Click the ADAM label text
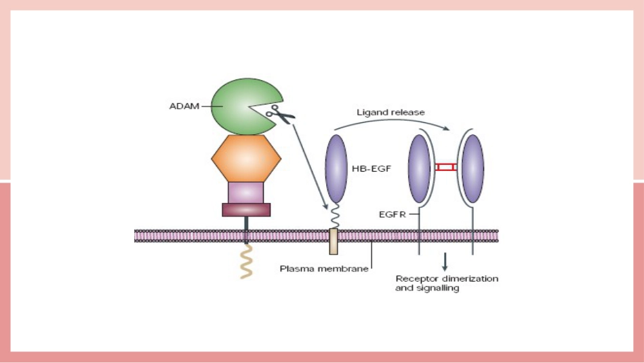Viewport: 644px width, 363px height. pyautogui.click(x=184, y=106)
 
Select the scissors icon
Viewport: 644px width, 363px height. pyautogui.click(x=280, y=114)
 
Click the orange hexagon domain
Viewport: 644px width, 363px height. pyautogui.click(x=246, y=159)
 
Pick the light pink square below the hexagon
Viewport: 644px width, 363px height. pyautogui.click(x=245, y=193)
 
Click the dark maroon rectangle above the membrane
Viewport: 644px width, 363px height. pyautogui.click(x=246, y=210)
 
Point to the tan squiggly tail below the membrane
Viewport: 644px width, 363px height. pyautogui.click(x=246, y=261)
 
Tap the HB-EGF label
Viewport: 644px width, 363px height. pyautogui.click(x=371, y=168)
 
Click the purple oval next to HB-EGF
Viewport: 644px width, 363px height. pyautogui.click(x=336, y=168)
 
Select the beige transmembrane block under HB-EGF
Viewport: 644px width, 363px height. pyautogui.click(x=334, y=242)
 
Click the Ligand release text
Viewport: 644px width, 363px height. pyautogui.click(x=390, y=112)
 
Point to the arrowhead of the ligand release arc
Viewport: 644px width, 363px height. pyautogui.click(x=447, y=128)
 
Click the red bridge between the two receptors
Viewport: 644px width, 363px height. pyautogui.click(x=445, y=167)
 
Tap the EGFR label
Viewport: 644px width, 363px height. pyautogui.click(x=393, y=214)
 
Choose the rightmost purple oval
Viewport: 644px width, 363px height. pyautogui.click(x=472, y=168)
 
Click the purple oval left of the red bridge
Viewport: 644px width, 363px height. pyautogui.click(x=420, y=168)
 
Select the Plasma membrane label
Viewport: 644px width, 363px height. pyautogui.click(x=324, y=269)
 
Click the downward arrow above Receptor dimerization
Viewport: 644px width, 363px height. pyautogui.click(x=445, y=262)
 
